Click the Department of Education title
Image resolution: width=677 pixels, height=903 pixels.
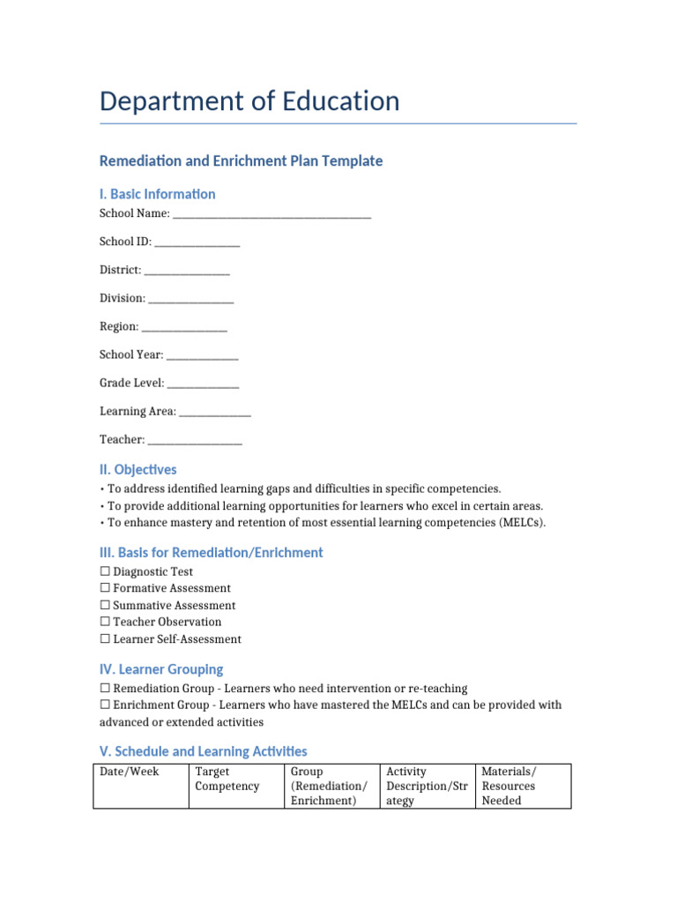click(249, 101)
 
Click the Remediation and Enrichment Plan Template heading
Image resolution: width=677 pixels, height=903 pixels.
click(241, 160)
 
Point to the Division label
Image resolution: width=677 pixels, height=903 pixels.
click(123, 298)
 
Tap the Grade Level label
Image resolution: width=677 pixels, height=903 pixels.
click(131, 383)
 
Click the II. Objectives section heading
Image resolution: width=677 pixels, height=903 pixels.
click(138, 470)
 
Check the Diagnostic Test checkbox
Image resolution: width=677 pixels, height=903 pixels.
click(105, 571)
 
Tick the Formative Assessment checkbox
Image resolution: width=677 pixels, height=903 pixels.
click(105, 588)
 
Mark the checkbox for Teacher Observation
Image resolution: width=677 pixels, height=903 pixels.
click(105, 622)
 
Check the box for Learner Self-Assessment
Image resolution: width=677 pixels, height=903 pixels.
click(105, 638)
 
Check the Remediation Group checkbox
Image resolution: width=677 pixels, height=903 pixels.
click(105, 688)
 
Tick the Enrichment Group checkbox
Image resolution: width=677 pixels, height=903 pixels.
click(105, 705)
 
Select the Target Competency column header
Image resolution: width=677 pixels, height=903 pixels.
click(227, 779)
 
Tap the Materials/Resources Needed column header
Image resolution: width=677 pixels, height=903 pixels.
click(509, 786)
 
